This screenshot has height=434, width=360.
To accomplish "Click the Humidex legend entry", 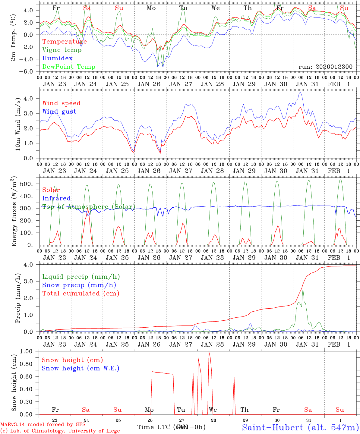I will pyautogui.click(x=57, y=58).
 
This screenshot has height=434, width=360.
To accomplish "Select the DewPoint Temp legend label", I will pyautogui.click(x=69, y=67).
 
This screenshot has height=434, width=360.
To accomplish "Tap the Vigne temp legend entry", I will pyautogui.click(x=62, y=50).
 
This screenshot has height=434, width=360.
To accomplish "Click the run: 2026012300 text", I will pyautogui.click(x=325, y=67).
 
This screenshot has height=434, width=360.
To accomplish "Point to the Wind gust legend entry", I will pyautogui.click(x=59, y=112).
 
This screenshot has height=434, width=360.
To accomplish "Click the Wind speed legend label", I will pyautogui.click(x=61, y=103).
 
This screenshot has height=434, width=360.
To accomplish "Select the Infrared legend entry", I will pyautogui.click(x=56, y=198).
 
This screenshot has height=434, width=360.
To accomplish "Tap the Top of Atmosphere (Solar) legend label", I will pyautogui.click(x=88, y=207).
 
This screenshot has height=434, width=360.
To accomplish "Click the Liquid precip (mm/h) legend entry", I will pyautogui.click(x=81, y=277).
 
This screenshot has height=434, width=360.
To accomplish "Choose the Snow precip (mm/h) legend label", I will pyautogui.click(x=79, y=285).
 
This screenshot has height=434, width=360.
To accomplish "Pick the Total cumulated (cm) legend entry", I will pyautogui.click(x=81, y=294).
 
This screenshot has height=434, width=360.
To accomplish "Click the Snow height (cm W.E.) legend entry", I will pyautogui.click(x=80, y=368).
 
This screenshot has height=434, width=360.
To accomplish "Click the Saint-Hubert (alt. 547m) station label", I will pyautogui.click(x=300, y=427).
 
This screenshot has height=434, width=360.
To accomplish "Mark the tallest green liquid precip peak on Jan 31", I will pyautogui.click(x=303, y=288).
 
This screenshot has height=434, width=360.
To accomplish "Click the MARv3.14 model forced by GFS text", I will pyautogui.click(x=43, y=425).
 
